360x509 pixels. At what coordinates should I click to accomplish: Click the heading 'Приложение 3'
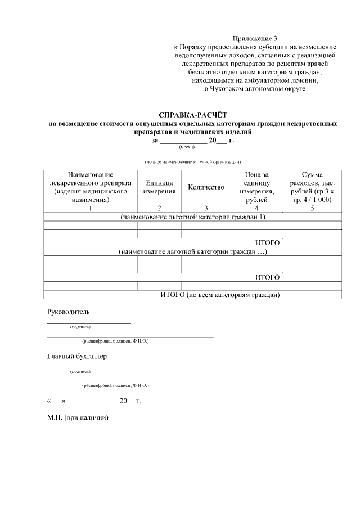point(255,38)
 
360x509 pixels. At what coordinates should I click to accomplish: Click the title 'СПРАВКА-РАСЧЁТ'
point(192,115)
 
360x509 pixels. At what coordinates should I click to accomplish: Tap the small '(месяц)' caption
point(187,147)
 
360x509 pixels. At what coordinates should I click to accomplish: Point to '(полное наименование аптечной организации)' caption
point(192,161)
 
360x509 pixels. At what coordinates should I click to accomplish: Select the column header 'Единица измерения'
point(159,187)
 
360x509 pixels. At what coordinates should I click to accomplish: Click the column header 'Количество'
point(206,187)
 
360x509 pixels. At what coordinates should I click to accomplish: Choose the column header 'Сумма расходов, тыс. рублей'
point(312,187)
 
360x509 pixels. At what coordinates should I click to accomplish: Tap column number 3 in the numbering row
point(206,208)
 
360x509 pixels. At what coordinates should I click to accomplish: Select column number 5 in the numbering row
point(312,208)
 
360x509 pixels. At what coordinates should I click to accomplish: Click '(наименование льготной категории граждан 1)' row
point(192,217)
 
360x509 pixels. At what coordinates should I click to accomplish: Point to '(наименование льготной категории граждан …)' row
point(192,251)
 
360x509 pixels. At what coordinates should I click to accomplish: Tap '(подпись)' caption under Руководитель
point(80,326)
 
